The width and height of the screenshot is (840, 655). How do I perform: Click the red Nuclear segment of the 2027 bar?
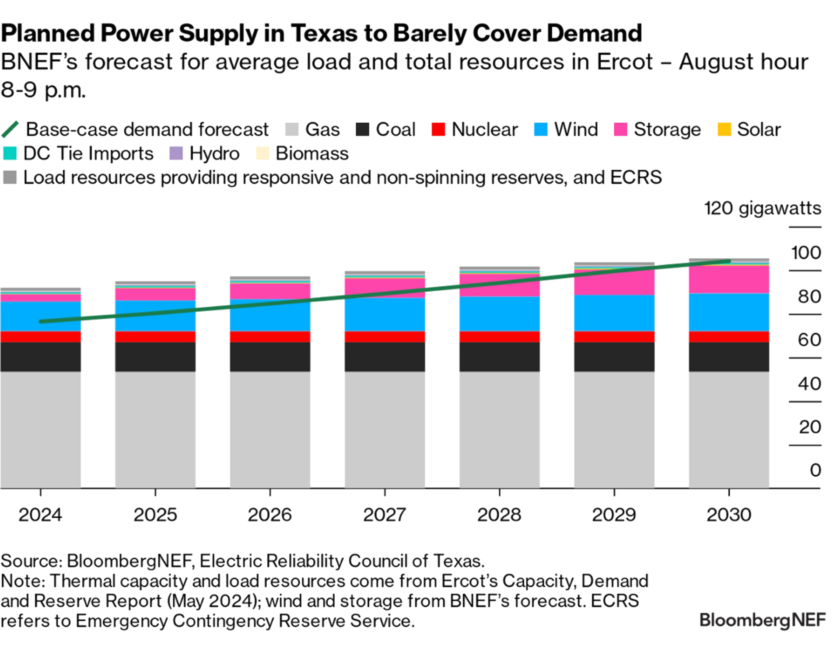pos(385,337)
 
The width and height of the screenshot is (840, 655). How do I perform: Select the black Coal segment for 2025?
pos(155,357)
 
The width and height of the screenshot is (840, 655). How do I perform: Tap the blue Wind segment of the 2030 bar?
pos(729,312)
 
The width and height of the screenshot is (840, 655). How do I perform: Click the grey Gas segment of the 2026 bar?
pos(270,429)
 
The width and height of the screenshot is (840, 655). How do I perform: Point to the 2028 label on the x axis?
pos(499,514)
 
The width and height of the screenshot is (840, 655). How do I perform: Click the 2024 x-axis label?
pos(40,514)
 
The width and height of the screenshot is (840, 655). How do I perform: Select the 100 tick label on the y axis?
pos(806,253)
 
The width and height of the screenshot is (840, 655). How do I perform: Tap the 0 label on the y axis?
pos(815,470)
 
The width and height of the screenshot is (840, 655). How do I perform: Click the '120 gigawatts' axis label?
pos(763,209)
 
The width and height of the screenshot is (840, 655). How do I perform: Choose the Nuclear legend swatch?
pos(438,129)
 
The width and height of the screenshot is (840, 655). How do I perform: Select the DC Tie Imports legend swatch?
pos(10,153)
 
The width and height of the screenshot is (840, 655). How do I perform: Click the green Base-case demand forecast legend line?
pos(10,129)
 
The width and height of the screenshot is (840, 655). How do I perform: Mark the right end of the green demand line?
pos(729,261)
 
